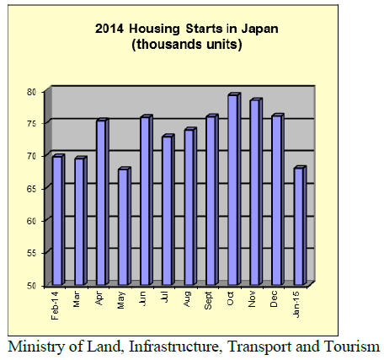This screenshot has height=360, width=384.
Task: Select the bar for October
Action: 234,189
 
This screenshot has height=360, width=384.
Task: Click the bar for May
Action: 125,226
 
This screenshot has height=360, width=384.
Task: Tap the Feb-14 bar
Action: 59,219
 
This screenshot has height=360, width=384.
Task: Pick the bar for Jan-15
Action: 300,225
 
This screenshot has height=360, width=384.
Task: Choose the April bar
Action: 103,201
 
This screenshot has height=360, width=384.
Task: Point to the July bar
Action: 168,210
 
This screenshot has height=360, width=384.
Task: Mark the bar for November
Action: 256,191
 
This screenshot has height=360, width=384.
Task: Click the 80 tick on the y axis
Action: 32,92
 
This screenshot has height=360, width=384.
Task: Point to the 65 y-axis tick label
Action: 32,189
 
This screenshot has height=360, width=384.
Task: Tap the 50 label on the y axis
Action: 32,286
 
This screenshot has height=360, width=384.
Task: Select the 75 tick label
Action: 32,124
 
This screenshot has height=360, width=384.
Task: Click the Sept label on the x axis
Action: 208,300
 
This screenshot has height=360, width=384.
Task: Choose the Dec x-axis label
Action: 274,298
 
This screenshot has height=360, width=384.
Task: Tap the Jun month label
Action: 142,298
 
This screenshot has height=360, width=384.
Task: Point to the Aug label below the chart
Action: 187,298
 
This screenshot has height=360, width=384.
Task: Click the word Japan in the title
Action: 259,29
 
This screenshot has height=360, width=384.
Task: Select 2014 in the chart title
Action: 109,29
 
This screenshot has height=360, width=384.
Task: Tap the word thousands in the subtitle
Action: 170,45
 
